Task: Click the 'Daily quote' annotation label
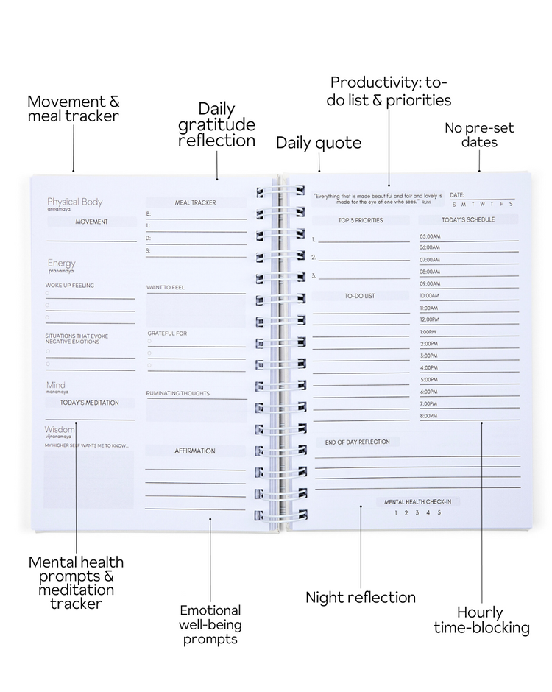tap(319, 143)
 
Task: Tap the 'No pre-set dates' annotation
tap(478, 135)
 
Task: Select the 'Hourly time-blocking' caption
tap(481, 620)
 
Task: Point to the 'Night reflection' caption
tap(361, 597)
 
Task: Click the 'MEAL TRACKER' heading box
tap(195, 202)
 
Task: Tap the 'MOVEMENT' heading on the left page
tap(91, 222)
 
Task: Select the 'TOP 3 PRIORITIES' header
tap(360, 220)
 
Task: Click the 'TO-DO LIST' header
tap(360, 296)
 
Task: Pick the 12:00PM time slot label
tap(429, 319)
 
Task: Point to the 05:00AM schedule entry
tap(430, 236)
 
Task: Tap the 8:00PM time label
tap(429, 416)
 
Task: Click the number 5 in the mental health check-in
tap(439, 513)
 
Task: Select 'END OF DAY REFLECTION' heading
tap(358, 442)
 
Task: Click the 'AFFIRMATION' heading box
tap(195, 451)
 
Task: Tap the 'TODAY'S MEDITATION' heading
tap(89, 403)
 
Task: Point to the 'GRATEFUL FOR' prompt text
tap(167, 333)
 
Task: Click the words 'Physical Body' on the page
tap(74, 202)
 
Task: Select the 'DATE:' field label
tap(457, 195)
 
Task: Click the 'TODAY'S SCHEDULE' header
tap(468, 219)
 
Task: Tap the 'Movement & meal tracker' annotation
tap(73, 108)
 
